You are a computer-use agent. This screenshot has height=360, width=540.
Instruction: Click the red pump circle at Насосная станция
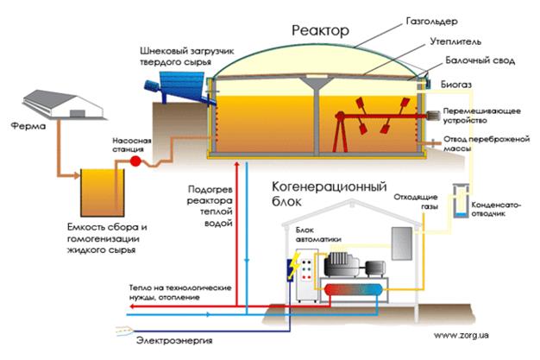pos(135,161)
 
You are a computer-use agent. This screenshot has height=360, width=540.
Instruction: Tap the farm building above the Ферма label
pos(64,104)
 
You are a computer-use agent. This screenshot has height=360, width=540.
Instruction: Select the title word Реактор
pos(320,31)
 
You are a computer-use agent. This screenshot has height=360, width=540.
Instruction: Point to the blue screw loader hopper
pos(181,84)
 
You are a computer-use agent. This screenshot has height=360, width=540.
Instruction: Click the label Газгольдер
pos(432,22)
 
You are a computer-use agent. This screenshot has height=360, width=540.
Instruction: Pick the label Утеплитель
pos(455,42)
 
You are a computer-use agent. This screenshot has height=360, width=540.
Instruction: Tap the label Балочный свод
pos(480,60)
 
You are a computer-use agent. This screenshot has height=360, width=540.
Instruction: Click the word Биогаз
pos(456,85)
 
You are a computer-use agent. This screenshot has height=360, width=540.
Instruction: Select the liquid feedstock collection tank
pos(103,193)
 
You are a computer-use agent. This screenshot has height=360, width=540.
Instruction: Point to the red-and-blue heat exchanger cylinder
pos(354,289)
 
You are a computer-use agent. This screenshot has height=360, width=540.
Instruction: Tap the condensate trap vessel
pos(461,200)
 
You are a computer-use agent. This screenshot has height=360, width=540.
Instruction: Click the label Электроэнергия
pos(174,341)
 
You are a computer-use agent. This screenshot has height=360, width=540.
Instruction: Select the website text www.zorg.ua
pos(461,335)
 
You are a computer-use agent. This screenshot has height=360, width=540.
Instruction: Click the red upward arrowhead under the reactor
pos(236,164)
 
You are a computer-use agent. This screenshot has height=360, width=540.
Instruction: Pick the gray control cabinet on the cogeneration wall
pos(402,243)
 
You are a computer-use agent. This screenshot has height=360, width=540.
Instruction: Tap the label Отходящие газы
pos(416,202)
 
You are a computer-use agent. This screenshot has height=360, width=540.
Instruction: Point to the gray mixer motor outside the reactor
pos(433,117)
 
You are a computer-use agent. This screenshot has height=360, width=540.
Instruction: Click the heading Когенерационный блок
pos(329,193)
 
